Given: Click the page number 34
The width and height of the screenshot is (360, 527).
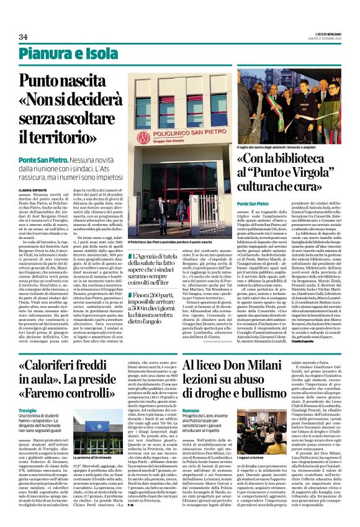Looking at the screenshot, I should click(24, 37).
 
